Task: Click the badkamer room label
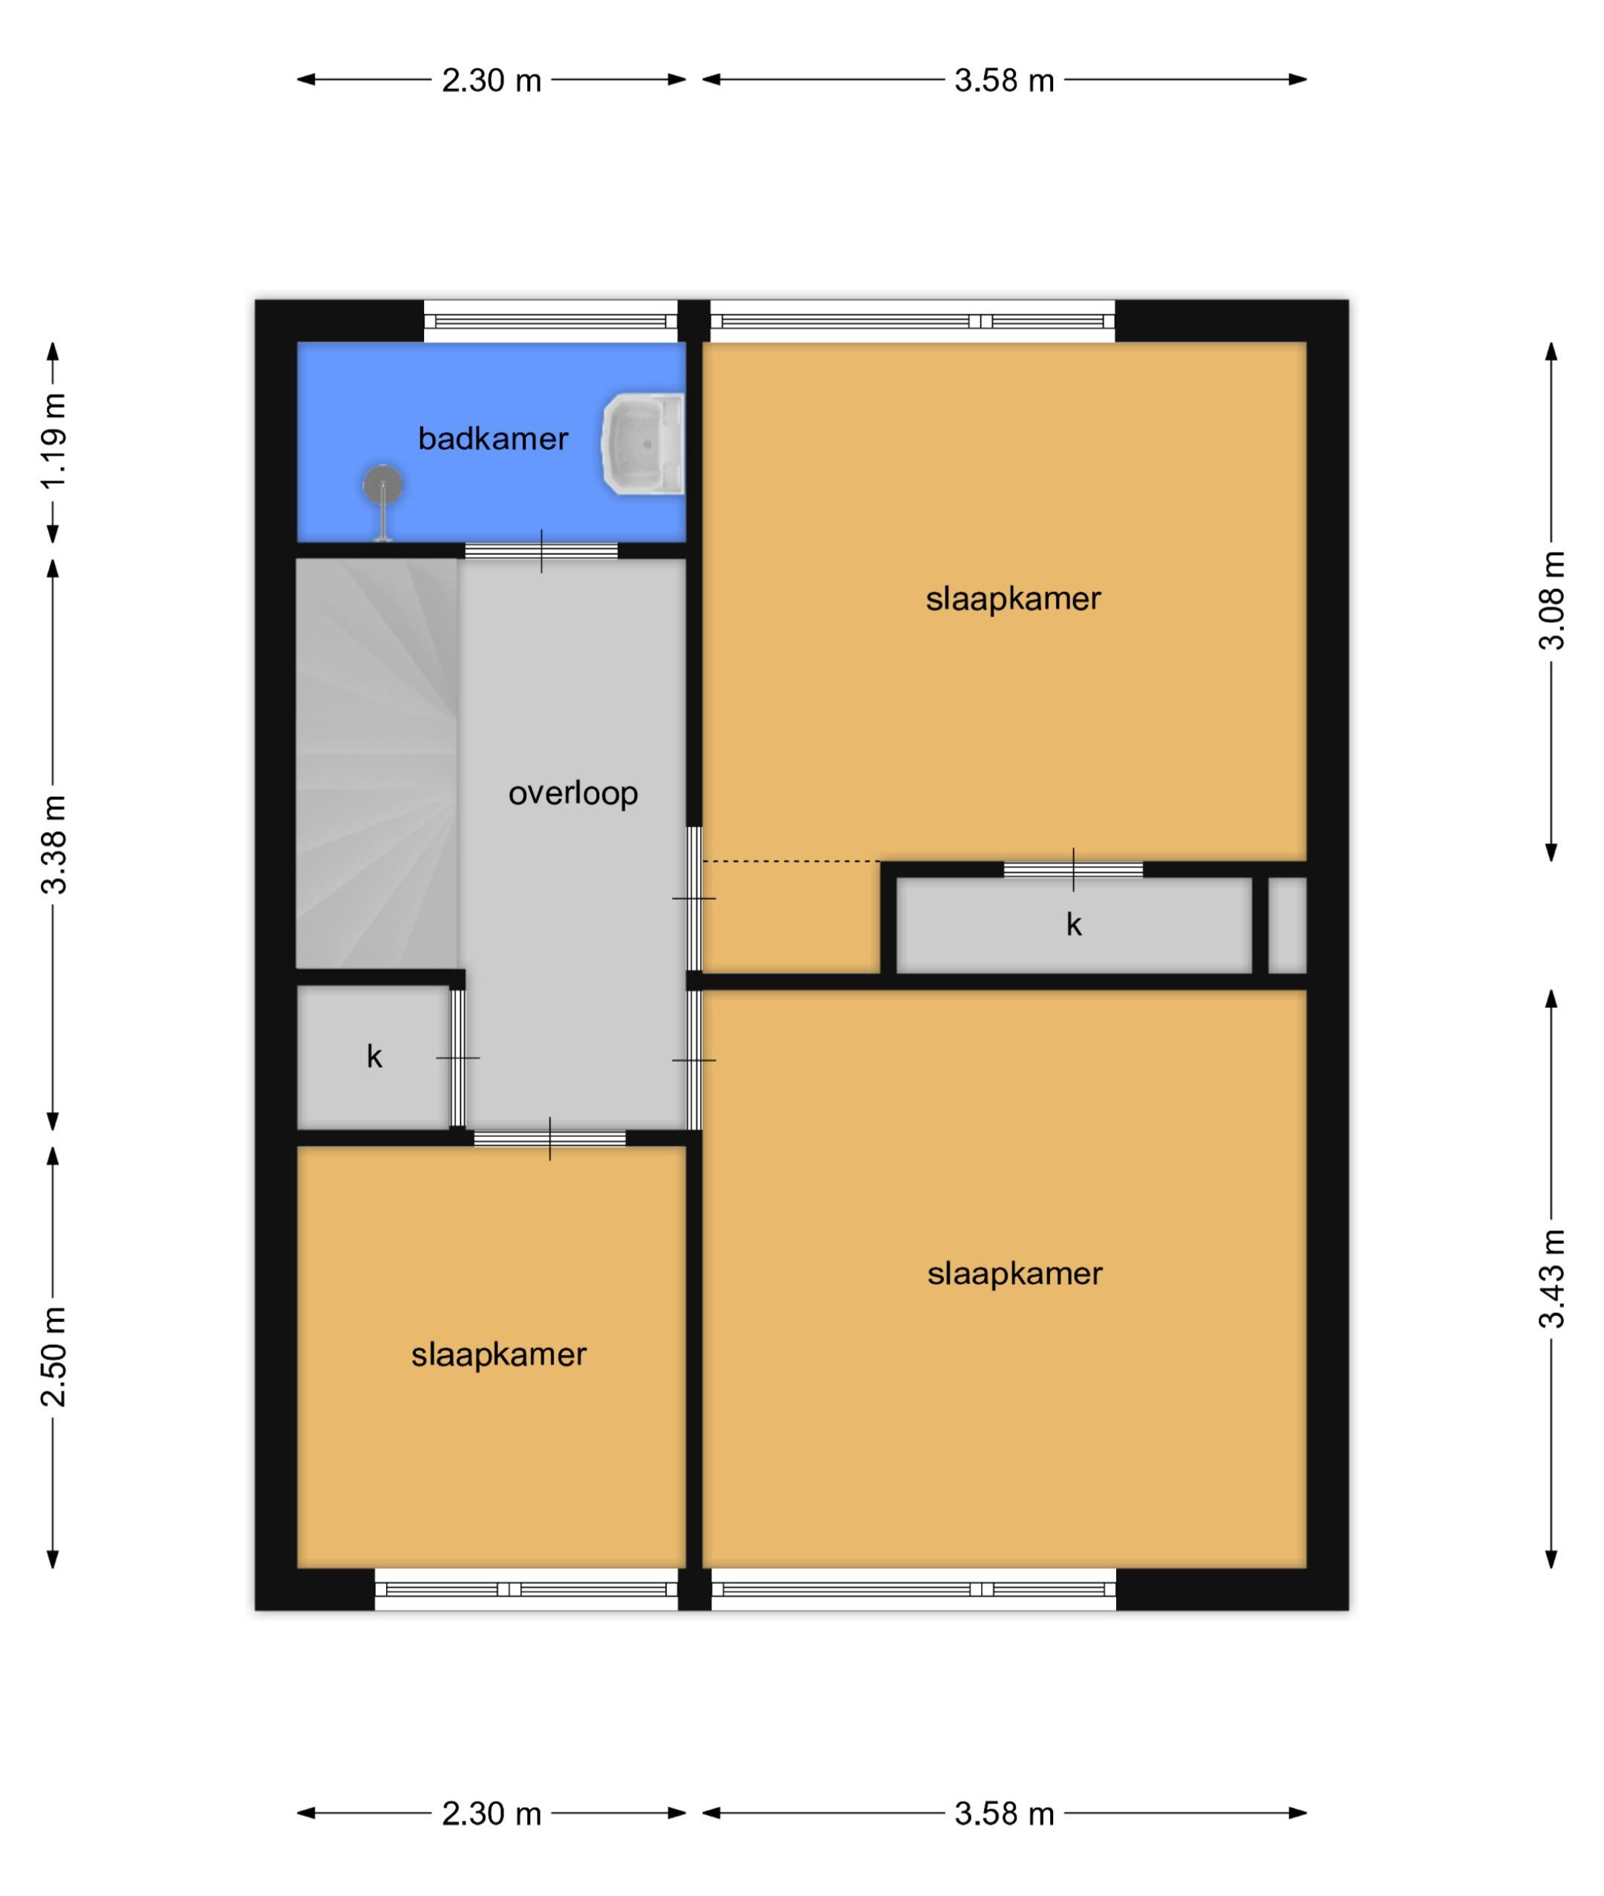(x=493, y=439)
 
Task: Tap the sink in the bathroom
(x=644, y=444)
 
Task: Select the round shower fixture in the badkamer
(x=383, y=486)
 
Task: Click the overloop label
(x=573, y=794)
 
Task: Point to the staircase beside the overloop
(x=376, y=764)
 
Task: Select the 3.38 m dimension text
(x=53, y=844)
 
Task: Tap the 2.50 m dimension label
(x=53, y=1356)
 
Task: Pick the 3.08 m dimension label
(x=1552, y=600)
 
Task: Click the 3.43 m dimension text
(x=1552, y=1279)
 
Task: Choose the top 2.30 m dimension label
(x=491, y=81)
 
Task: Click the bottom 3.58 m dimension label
(x=1004, y=1814)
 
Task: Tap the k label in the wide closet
(x=1074, y=925)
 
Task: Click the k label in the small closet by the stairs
(x=374, y=1057)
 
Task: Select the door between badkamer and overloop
(x=541, y=550)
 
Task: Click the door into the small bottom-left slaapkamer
(x=550, y=1138)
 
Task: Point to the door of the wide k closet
(x=1073, y=870)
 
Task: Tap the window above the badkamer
(x=550, y=321)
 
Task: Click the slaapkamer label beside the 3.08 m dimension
(x=1013, y=599)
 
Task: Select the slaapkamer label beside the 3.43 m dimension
(x=1015, y=1274)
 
